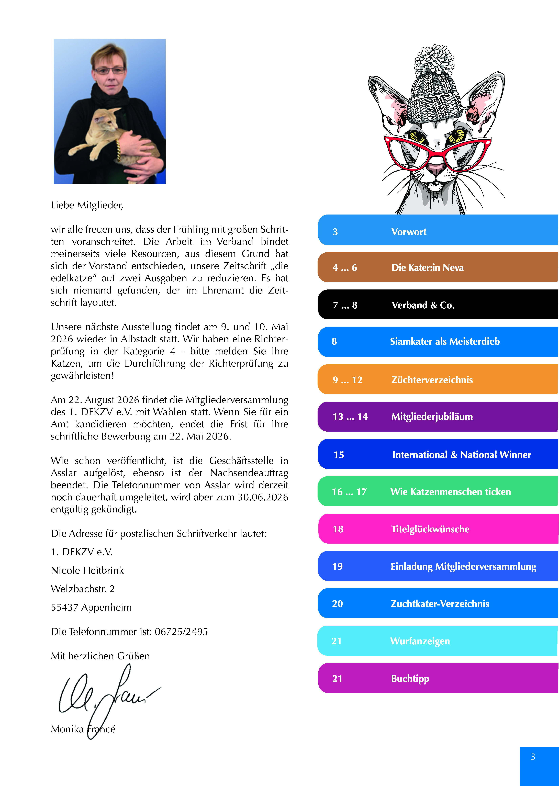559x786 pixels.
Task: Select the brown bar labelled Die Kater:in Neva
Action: click(437, 267)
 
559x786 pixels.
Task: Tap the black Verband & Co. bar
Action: click(437, 305)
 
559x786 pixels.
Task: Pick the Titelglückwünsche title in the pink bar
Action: click(430, 529)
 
